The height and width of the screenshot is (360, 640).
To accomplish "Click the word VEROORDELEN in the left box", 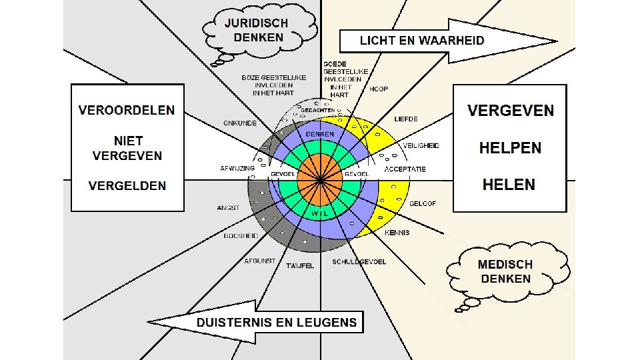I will pos(127,110).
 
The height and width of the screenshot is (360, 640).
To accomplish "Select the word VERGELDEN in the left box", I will pos(127,186).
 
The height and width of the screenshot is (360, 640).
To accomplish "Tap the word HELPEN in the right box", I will pos(510,148).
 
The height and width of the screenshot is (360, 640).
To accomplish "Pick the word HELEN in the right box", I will pos(509,184).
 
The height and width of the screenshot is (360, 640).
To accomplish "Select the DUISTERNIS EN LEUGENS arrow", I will pos(267,323).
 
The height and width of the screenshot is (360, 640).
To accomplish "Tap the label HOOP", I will pos(379,89).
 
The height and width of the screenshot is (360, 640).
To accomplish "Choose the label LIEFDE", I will pos(406,119).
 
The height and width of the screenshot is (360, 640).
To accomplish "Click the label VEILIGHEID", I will pos(421,145).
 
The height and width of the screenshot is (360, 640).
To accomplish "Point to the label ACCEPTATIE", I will pos(405,169).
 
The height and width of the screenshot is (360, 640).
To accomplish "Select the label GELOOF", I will pos(423,203).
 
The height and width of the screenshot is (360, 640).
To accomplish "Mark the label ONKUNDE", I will pos(239,123).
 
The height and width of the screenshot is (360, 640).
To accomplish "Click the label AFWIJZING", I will pos(237,168).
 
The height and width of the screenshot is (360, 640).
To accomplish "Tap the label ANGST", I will pos(228,208).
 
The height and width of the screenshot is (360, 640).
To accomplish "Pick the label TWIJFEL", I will pos(299,266).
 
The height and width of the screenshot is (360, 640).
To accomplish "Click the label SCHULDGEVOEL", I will pos(359,262).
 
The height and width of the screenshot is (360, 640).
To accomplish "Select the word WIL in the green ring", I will pos(319,213).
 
